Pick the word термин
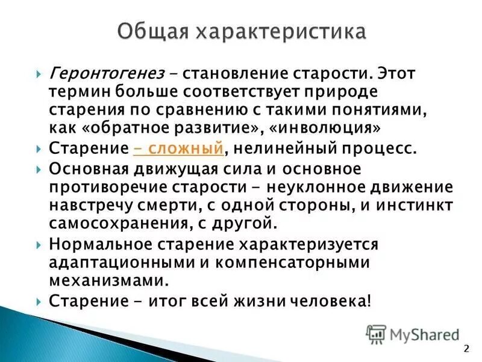pyautogui.click(x=75, y=92)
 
